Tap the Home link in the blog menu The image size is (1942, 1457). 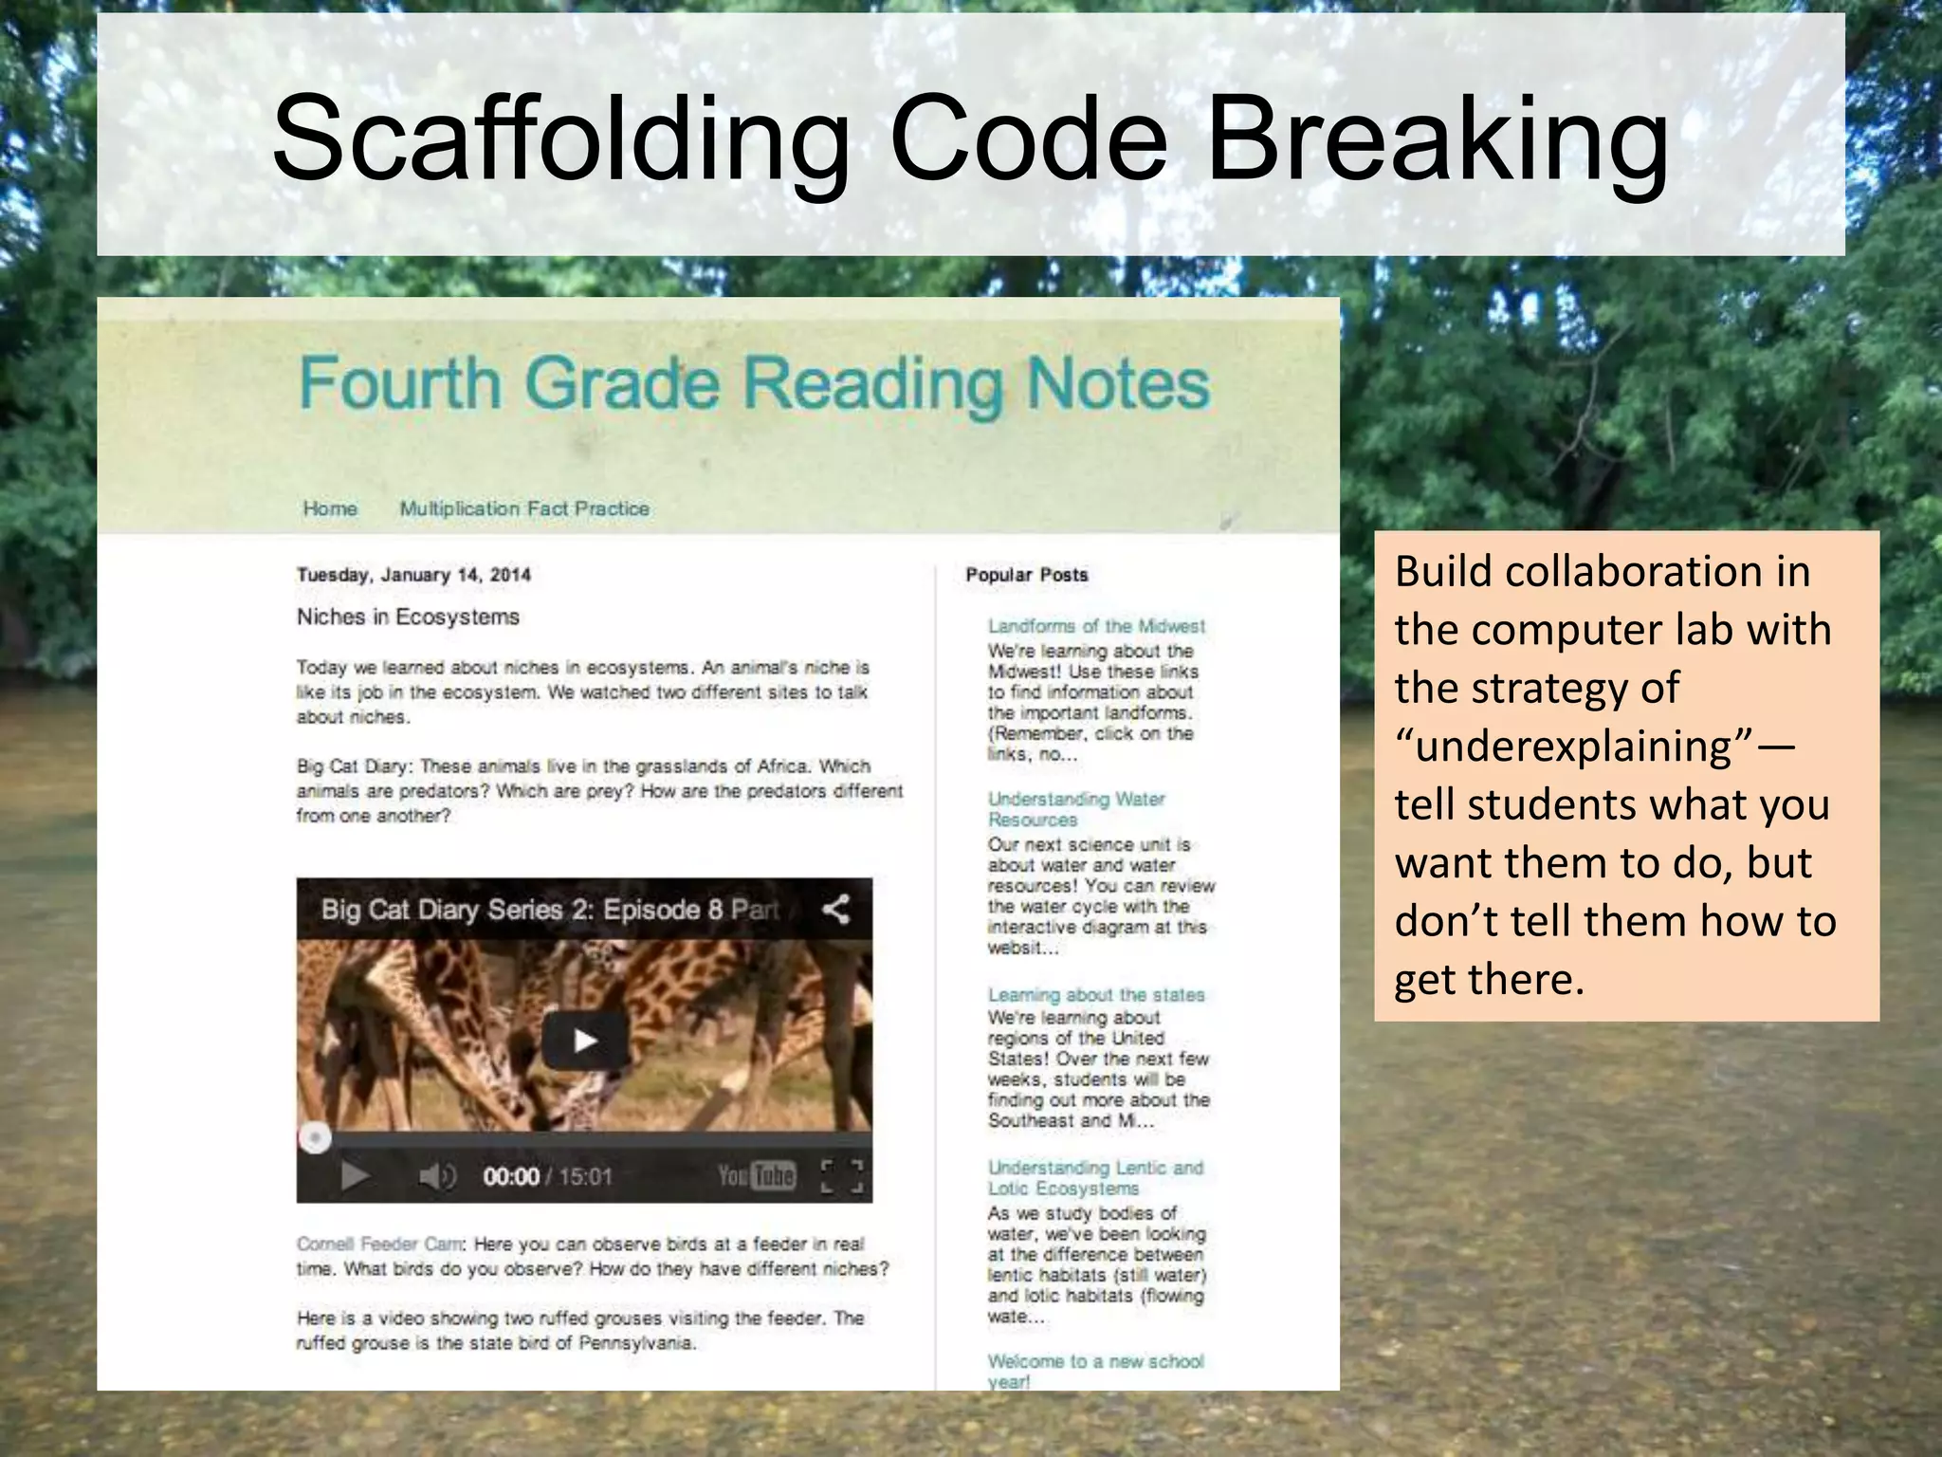click(x=330, y=508)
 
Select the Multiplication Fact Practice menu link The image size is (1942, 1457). click(x=524, y=508)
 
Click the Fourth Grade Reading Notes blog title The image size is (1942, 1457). click(x=754, y=383)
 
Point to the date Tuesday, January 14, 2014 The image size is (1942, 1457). click(x=413, y=575)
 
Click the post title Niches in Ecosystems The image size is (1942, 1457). click(x=408, y=617)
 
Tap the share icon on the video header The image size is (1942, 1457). click(x=835, y=910)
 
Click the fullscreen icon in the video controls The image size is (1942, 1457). click(x=841, y=1176)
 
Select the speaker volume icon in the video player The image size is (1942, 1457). click(x=437, y=1176)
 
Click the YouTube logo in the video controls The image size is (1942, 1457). click(x=756, y=1176)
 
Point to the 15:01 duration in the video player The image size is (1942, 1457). click(x=585, y=1177)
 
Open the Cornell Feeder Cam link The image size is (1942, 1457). click(x=380, y=1244)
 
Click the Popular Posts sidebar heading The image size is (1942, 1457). click(x=1027, y=575)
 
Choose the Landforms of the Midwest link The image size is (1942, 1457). click(x=1096, y=626)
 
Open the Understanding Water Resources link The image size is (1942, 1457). click(x=1075, y=809)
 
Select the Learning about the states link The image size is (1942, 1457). click(x=1096, y=995)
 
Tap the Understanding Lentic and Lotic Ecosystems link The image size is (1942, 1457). click(x=1095, y=1178)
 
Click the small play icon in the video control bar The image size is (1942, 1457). click(x=355, y=1176)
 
